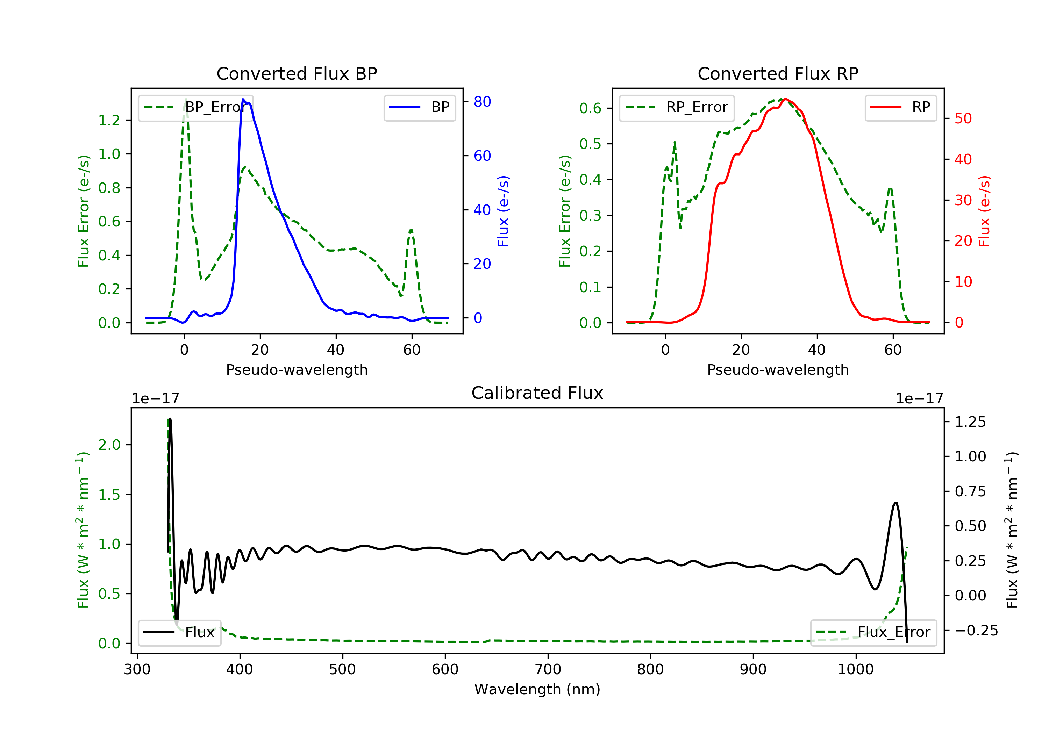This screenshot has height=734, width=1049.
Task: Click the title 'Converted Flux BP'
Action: pyautogui.click(x=297, y=73)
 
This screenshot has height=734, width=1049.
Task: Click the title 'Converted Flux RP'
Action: pyautogui.click(x=778, y=73)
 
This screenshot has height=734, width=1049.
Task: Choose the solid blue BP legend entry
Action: pyautogui.click(x=419, y=107)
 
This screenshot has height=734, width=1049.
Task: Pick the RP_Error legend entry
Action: pyautogui.click(x=677, y=107)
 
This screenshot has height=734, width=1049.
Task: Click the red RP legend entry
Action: pyautogui.click(x=900, y=107)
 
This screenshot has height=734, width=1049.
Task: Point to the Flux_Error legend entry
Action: pyautogui.click(x=873, y=632)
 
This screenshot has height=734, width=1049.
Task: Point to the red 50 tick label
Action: pyautogui.click(x=963, y=119)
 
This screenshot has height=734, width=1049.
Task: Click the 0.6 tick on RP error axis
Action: pyautogui.click(x=590, y=108)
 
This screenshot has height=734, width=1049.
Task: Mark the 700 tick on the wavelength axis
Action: pyautogui.click(x=548, y=670)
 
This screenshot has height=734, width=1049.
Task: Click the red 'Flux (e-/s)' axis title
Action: pyautogui.click(x=984, y=211)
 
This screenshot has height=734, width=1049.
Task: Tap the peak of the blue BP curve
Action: pyautogui.click(x=243, y=99)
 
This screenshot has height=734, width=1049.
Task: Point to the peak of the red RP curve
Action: pyautogui.click(x=785, y=99)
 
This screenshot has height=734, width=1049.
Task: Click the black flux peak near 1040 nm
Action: pyautogui.click(x=896, y=503)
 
